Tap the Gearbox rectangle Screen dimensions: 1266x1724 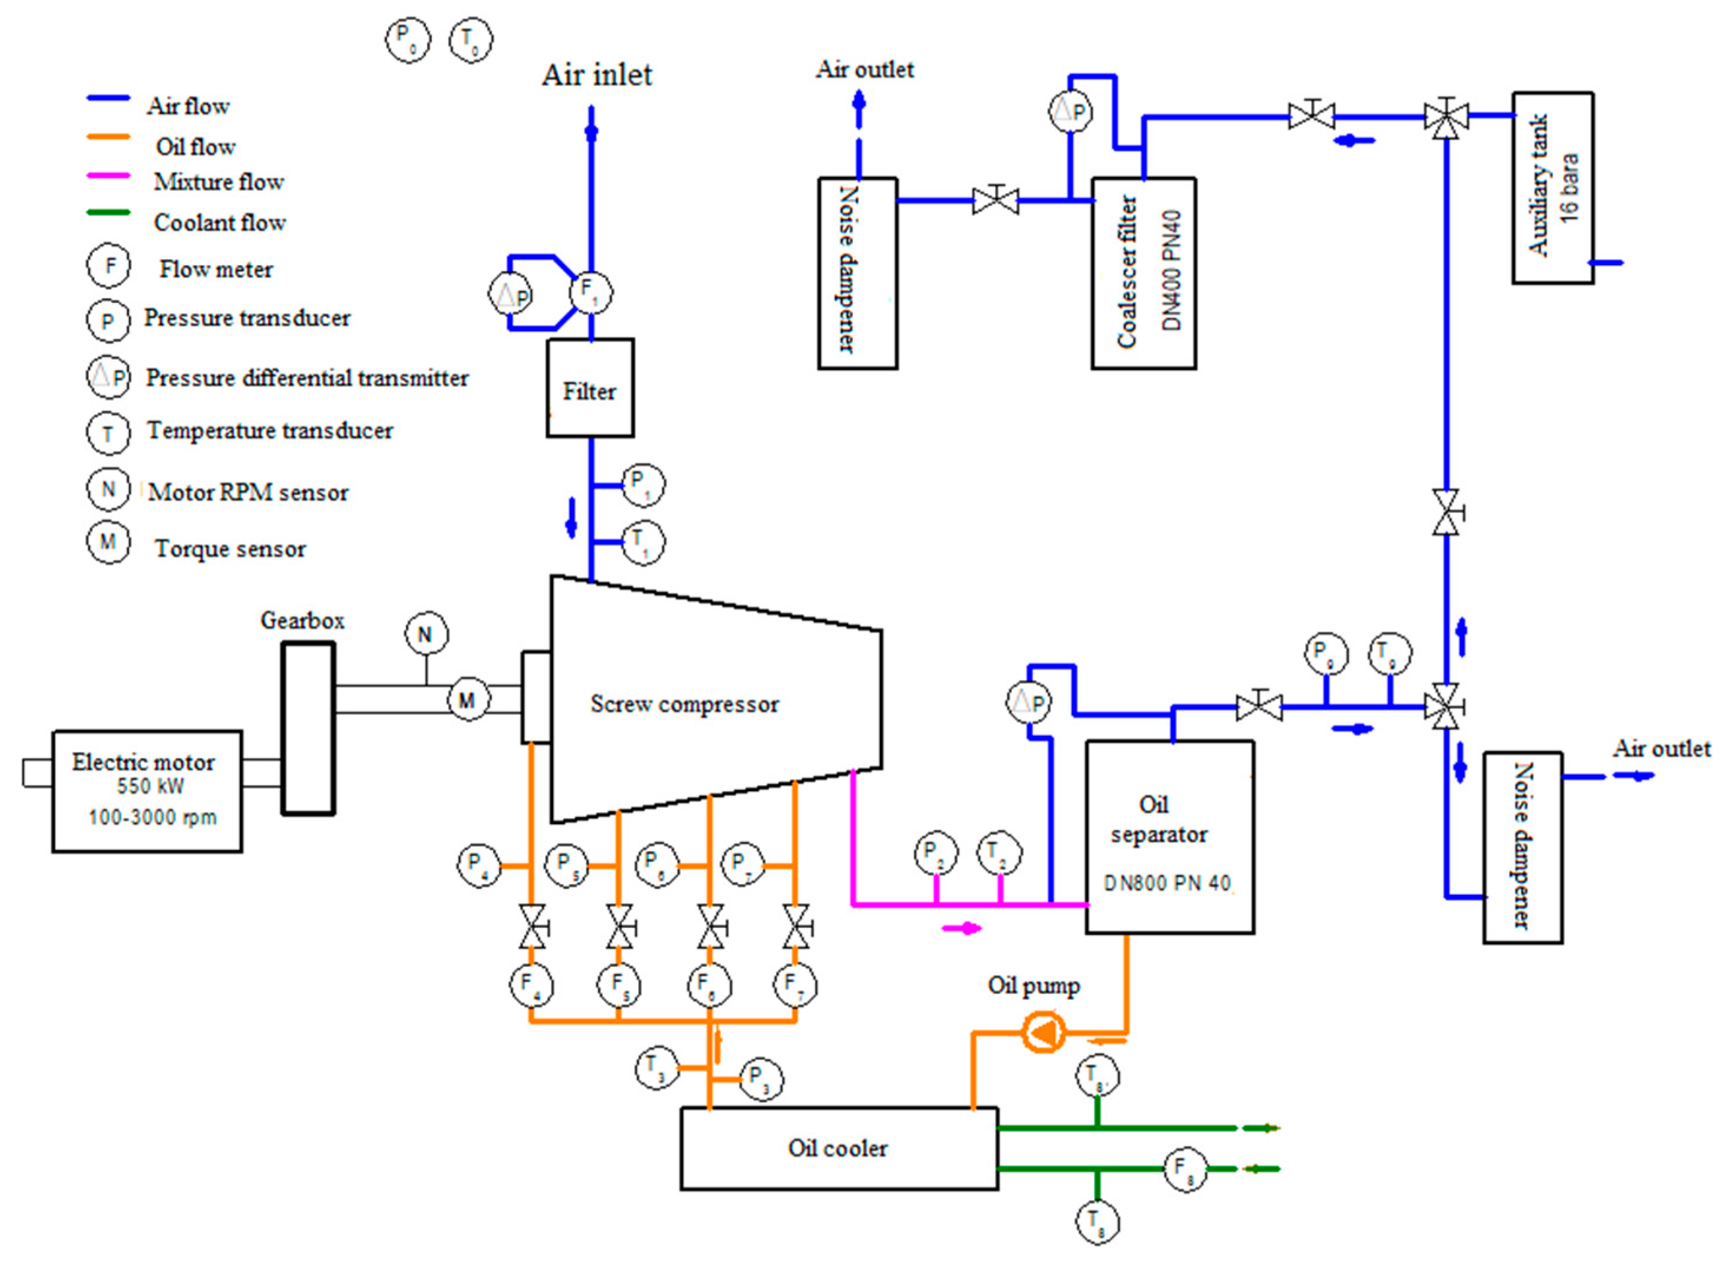308,728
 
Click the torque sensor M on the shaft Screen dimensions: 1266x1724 467,699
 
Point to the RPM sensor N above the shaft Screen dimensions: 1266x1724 425,634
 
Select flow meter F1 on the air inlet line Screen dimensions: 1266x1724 590,292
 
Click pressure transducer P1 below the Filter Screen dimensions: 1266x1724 642,484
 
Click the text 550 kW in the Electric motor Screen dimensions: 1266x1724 150,786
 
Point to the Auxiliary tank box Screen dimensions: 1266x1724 1553,188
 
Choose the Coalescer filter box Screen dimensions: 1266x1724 1143,273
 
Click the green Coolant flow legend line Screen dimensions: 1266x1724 108,212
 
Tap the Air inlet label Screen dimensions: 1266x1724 596,75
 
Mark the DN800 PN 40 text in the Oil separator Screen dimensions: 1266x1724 1167,884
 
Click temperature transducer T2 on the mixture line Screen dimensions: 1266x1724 999,853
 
